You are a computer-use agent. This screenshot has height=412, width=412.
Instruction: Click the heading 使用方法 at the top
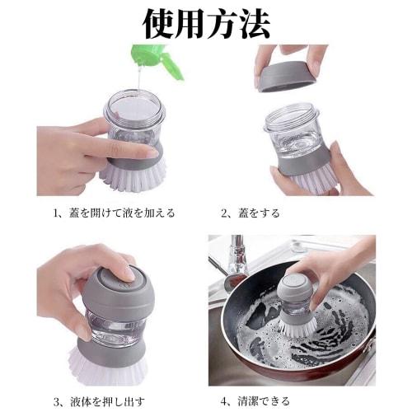[206, 24]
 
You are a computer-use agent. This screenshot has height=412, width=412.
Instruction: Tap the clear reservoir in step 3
[110, 326]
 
